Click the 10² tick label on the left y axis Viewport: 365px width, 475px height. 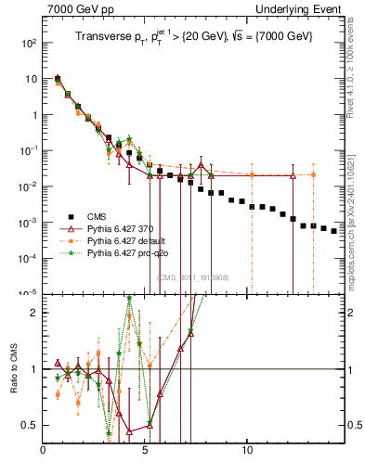click(x=30, y=43)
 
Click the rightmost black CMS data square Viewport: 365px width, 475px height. click(x=334, y=231)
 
